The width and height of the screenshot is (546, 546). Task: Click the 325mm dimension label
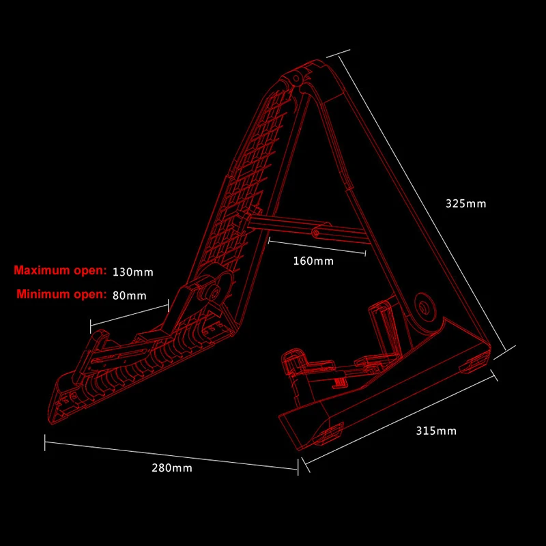[x=465, y=203]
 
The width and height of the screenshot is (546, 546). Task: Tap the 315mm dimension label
[x=436, y=431]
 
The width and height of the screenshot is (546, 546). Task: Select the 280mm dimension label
[x=172, y=468]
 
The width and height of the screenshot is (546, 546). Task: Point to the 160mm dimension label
[x=313, y=261]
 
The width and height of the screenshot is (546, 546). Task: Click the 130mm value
[x=133, y=272]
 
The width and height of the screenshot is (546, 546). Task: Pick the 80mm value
[x=130, y=296]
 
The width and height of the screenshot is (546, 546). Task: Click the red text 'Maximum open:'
[x=61, y=271]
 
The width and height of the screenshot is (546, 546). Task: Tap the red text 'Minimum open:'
[x=62, y=295]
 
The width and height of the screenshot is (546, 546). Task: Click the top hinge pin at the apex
[x=298, y=80]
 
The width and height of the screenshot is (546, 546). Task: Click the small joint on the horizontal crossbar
[x=316, y=233]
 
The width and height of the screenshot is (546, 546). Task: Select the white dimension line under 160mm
[x=317, y=246]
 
